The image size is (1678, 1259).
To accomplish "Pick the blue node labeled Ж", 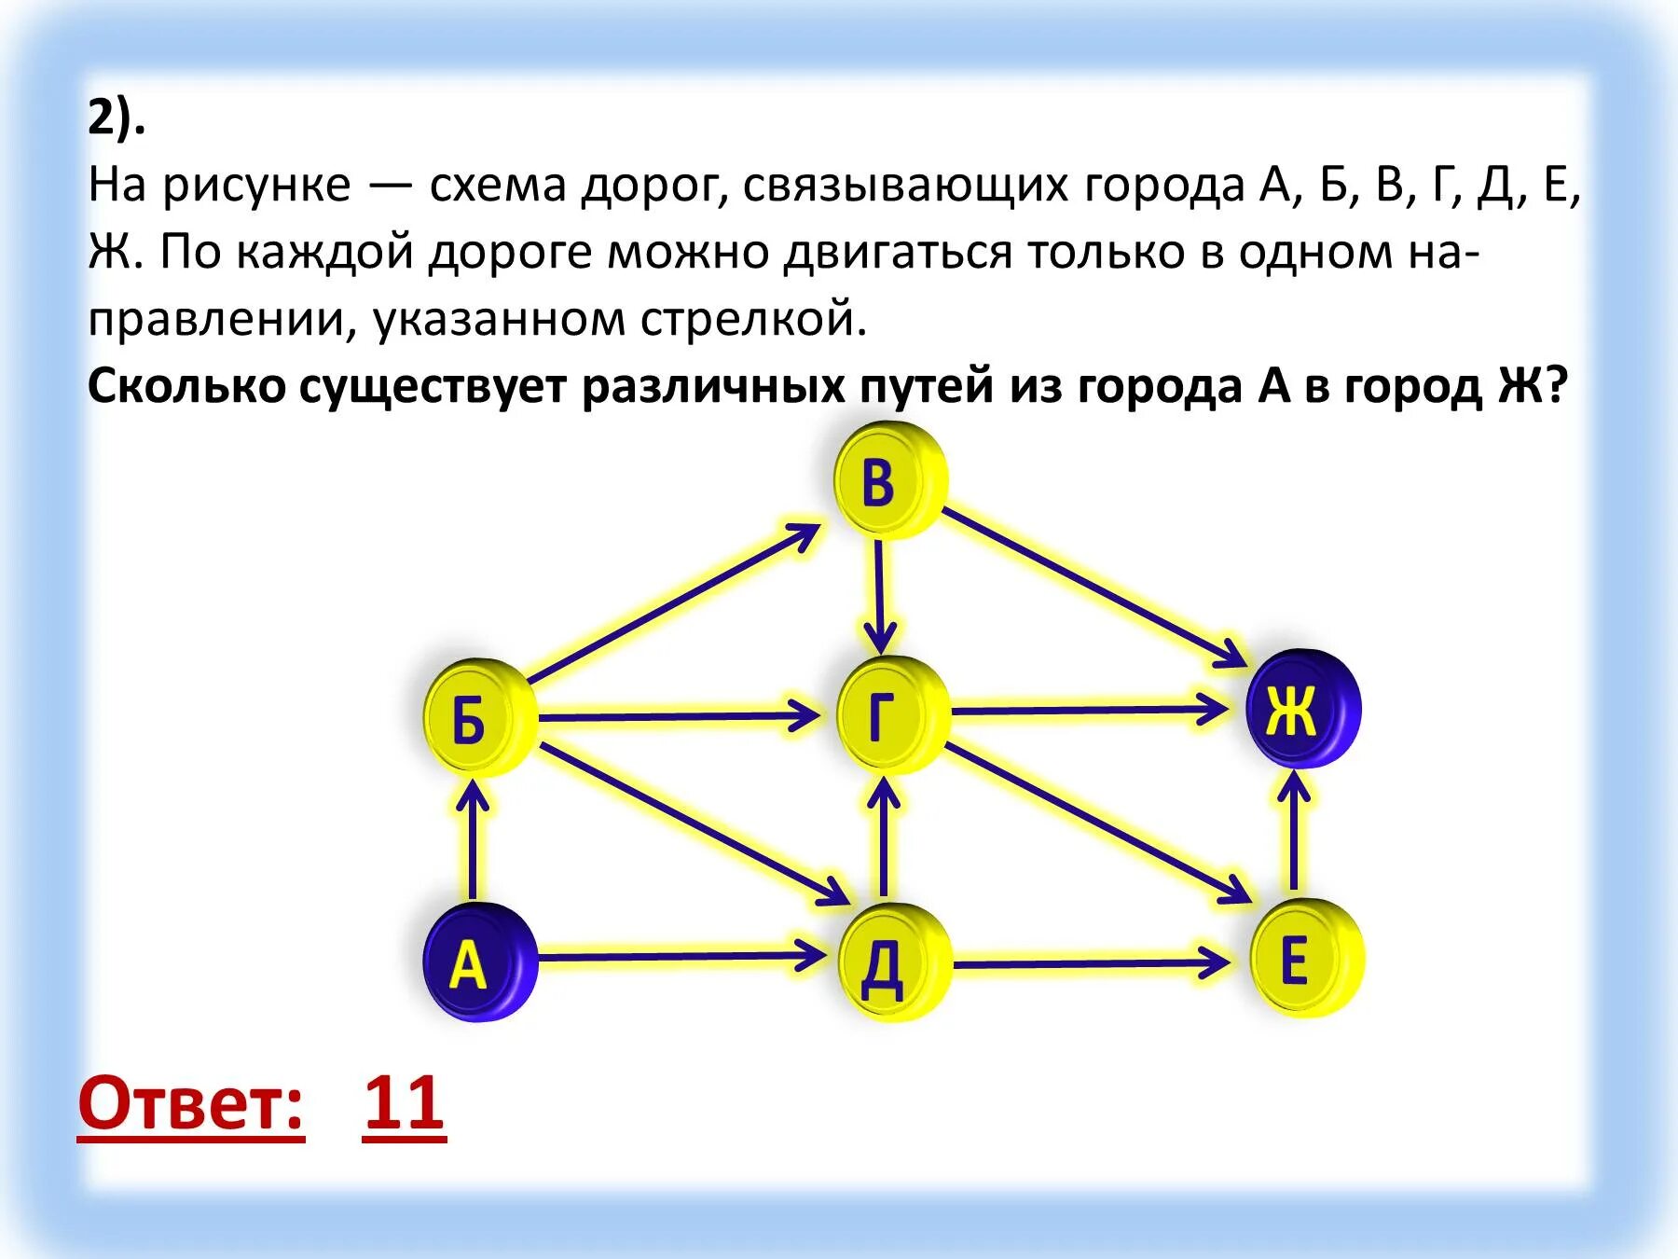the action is [x=1302, y=709].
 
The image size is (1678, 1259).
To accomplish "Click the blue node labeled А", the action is [x=479, y=962].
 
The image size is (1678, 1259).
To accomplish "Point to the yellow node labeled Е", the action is [x=1305, y=959].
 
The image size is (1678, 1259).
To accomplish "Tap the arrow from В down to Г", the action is [x=879, y=597].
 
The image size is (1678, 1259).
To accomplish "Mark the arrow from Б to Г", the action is [x=676, y=716].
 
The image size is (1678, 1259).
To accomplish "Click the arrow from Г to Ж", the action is [x=1086, y=711].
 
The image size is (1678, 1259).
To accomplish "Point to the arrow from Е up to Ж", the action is [x=1293, y=830].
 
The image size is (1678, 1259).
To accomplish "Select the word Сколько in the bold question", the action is [x=186, y=385].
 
